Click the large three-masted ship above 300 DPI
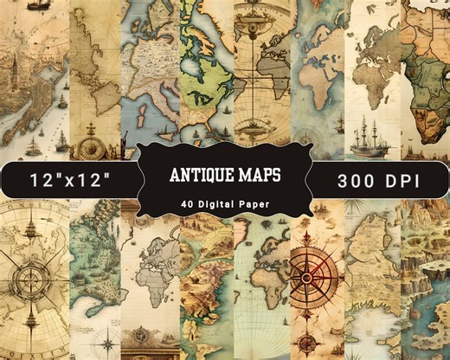pos(374,134)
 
